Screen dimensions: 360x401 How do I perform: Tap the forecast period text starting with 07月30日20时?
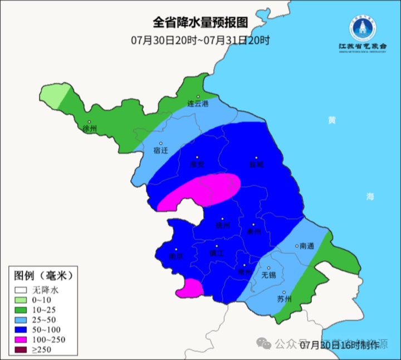point(200,40)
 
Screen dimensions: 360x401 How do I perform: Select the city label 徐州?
point(89,129)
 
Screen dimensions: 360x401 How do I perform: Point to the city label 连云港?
point(197,104)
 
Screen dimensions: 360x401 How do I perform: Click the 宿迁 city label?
point(160,150)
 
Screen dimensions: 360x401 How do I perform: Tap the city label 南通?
point(306,245)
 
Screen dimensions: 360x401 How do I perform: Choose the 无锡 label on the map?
point(268,275)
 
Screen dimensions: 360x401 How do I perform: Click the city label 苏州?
point(284,299)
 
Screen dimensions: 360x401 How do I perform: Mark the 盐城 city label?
point(256,164)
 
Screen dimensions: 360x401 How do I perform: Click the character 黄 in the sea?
point(332,120)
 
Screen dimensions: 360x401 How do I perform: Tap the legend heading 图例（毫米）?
point(43,275)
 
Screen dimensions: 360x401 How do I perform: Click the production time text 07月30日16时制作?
point(339,346)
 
